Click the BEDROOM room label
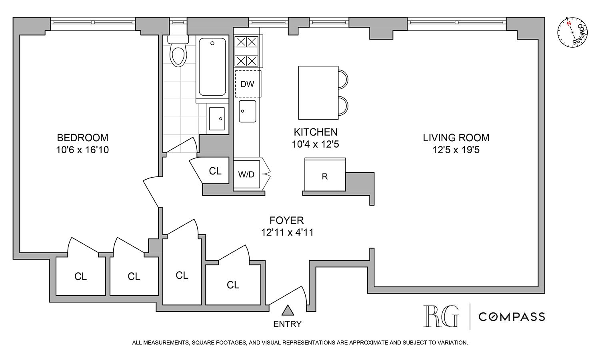pyautogui.click(x=82, y=138)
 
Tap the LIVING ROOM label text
pyautogui.click(x=456, y=138)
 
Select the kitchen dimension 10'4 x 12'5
pyautogui.click(x=316, y=144)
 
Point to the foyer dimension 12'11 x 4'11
pyautogui.click(x=286, y=232)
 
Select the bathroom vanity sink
pyautogui.click(x=218, y=118)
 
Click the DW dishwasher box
pyautogui.click(x=248, y=84)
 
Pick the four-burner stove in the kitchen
pyautogui.click(x=246, y=51)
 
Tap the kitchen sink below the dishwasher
pyautogui.click(x=247, y=111)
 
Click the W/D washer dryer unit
pyautogui.click(x=246, y=174)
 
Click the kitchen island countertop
pyautogui.click(x=318, y=93)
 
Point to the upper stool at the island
pyautogui.click(x=343, y=79)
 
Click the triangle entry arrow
pyautogui.click(x=287, y=310)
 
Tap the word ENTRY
pyautogui.click(x=287, y=324)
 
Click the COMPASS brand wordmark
pyautogui.click(x=512, y=317)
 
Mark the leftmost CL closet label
pyautogui.click(x=80, y=277)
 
